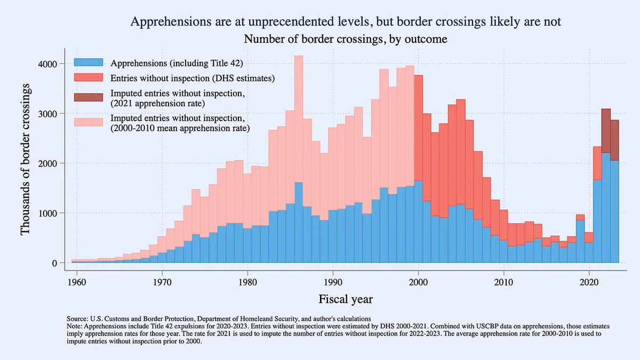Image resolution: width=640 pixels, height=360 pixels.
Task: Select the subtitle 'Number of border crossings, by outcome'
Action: pyautogui.click(x=345, y=39)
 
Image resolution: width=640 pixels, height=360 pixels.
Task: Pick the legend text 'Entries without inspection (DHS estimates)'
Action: pyautogui.click(x=193, y=79)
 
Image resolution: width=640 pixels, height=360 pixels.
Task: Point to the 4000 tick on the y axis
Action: pyautogui.click(x=55, y=64)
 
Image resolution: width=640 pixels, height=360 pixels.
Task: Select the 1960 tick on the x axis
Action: pyautogui.click(x=77, y=281)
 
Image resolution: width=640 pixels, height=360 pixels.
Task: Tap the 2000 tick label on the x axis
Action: pyautogui.click(x=418, y=281)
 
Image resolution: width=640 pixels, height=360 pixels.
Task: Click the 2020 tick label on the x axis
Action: pyautogui.click(x=589, y=281)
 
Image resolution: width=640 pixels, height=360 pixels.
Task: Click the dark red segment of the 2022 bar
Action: pyautogui.click(x=606, y=130)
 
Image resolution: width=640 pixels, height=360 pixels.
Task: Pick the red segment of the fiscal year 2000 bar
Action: pyautogui.click(x=419, y=128)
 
